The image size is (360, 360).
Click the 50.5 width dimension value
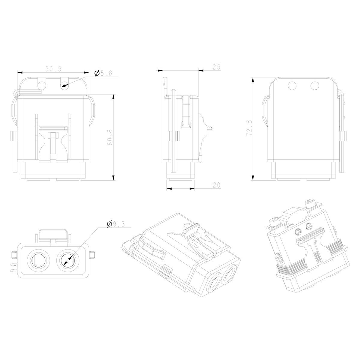(x=53, y=69)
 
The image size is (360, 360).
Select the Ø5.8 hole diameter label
(x=103, y=73)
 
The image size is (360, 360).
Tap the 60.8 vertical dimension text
(x=110, y=137)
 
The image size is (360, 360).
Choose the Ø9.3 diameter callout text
(x=115, y=224)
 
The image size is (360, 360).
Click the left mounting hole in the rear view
(x=292, y=86)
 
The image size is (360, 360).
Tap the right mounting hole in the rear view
(x=315, y=86)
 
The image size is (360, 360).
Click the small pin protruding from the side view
(x=211, y=129)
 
